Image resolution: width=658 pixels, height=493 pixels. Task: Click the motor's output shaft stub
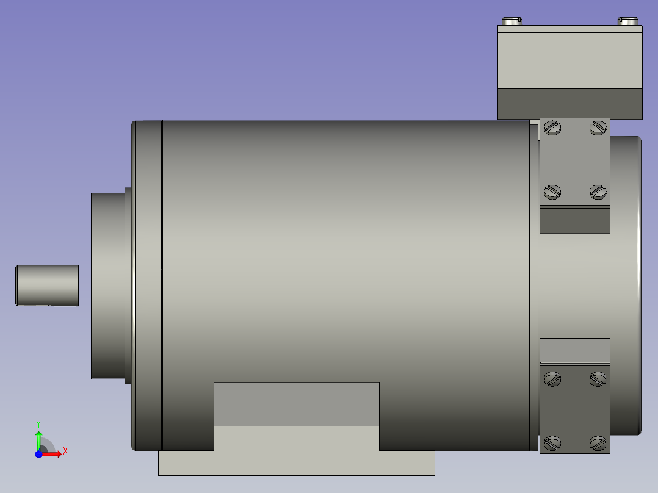47,286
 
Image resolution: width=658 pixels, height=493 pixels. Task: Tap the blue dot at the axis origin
38,454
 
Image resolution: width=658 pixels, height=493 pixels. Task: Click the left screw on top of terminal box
512,21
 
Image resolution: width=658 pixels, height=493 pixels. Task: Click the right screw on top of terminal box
628,21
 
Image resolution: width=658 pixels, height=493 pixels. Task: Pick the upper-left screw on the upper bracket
552,128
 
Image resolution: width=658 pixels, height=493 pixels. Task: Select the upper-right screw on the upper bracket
598,128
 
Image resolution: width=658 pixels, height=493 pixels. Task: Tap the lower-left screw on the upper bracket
552,192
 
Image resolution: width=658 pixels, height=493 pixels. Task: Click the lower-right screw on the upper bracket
598,192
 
